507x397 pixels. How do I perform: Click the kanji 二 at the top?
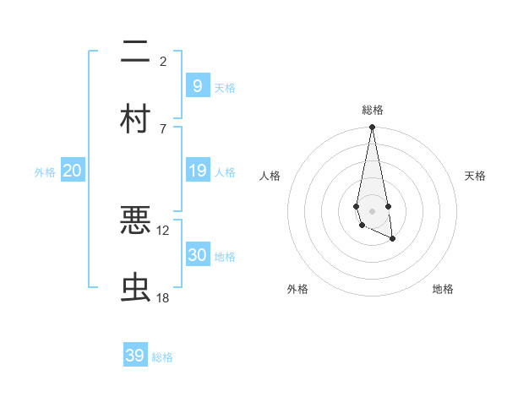pos(135,53)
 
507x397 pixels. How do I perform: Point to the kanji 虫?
pos(135,287)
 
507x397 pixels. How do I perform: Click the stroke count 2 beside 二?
pos(163,61)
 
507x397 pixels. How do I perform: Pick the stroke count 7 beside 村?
pos(163,128)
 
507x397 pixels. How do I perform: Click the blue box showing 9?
pos(197,85)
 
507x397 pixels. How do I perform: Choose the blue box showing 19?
pos(197,171)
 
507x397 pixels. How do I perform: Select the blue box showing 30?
pos(197,255)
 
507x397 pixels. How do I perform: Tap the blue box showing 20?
pos(73,171)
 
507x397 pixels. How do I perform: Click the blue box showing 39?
pos(134,356)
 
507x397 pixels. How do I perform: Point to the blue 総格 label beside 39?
pos(162,357)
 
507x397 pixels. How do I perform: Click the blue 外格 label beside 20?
pos(45,172)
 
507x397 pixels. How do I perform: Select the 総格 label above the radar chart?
pos(372,110)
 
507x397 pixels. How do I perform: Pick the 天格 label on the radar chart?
pos(475,176)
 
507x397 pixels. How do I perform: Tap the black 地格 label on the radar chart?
pos(443,289)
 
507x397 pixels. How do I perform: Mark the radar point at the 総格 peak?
pos(372,128)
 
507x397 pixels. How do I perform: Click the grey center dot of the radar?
pos(372,210)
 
